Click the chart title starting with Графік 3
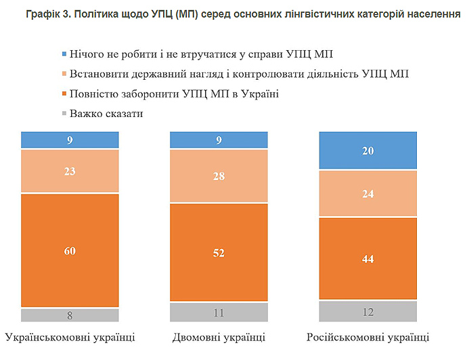(234, 14)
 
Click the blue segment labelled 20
(368, 151)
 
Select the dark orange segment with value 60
(70, 250)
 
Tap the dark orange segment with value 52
(219, 252)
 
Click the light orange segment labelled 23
(70, 171)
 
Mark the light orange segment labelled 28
(219, 176)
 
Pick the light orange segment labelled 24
(368, 194)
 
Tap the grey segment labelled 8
(70, 315)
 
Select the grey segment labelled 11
(219, 312)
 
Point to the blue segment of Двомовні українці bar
(219, 140)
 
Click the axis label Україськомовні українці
(70, 337)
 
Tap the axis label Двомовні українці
(219, 337)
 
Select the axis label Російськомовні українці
(368, 337)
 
